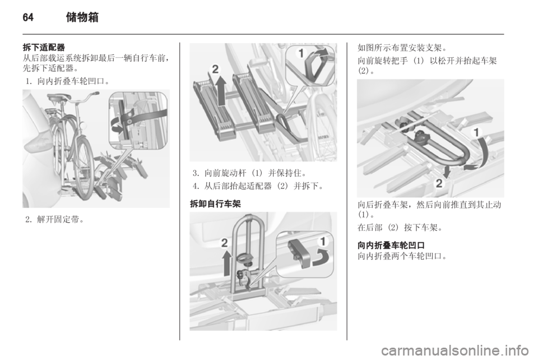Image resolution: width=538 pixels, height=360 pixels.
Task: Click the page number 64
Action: coord(28,17)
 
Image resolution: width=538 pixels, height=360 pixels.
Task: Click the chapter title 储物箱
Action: coord(82,17)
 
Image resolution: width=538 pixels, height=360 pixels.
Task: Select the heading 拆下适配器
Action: coord(44,47)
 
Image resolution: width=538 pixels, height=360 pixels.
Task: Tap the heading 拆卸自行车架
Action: coord(215,204)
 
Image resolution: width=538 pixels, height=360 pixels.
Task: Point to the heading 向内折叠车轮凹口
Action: coord(391,246)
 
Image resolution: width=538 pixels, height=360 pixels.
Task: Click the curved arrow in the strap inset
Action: coord(118,126)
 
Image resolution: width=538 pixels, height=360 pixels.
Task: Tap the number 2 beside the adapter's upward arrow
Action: coord(215,70)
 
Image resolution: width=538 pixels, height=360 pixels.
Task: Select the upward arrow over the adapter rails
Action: coord(222,90)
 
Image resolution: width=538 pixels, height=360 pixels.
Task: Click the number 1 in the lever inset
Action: coord(301,53)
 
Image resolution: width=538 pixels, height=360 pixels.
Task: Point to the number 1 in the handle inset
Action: coord(323,241)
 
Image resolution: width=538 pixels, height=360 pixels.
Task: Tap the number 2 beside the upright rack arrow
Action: coord(224,243)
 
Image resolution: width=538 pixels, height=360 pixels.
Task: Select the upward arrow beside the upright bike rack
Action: coord(226,263)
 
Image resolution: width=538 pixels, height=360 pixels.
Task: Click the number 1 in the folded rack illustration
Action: coord(476,132)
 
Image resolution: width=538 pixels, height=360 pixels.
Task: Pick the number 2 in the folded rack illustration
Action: coord(439,183)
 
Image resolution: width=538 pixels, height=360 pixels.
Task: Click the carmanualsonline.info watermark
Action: coord(454,350)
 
